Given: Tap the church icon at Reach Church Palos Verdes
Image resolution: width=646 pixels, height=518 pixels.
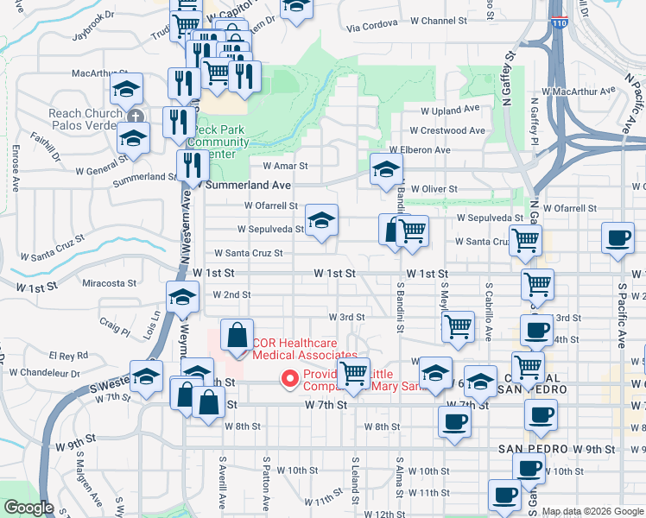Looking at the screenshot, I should click(x=134, y=117).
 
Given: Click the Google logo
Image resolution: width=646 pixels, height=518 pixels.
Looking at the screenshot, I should click(x=28, y=509).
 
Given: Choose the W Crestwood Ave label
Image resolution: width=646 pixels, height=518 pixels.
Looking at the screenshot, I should click(x=447, y=130).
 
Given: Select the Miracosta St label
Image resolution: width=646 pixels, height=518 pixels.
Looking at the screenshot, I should click(x=109, y=282).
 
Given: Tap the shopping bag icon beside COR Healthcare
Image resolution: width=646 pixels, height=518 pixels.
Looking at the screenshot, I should click(x=237, y=336).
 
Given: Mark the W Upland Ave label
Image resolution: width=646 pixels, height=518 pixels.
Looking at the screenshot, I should click(x=449, y=111).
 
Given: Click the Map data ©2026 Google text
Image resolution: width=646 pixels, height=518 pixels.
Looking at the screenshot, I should click(x=592, y=511).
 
